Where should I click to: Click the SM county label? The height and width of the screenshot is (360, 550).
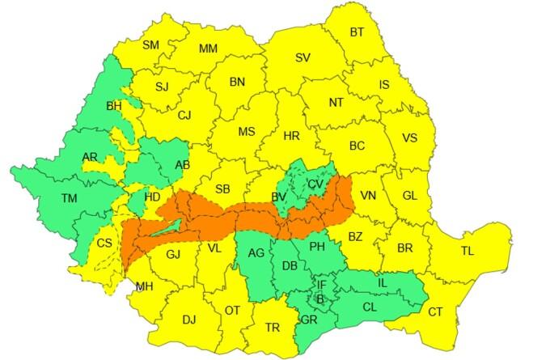[x=150, y=45]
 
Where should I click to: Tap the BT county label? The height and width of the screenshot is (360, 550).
[x=357, y=32]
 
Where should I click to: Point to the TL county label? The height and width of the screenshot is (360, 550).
[x=467, y=251]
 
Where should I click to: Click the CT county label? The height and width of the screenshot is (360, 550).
[x=435, y=311]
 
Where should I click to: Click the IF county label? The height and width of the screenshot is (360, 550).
[x=321, y=284]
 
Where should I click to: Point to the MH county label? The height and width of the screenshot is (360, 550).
[x=145, y=286]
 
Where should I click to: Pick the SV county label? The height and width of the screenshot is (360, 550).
[x=303, y=57]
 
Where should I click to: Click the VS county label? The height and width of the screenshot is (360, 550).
[x=409, y=138]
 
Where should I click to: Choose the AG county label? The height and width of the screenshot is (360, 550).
[x=256, y=253]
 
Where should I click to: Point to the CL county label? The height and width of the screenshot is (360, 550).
[x=370, y=307]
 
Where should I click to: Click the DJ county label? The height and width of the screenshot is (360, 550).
[x=188, y=320]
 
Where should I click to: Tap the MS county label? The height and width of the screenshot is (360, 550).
[x=247, y=132]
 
